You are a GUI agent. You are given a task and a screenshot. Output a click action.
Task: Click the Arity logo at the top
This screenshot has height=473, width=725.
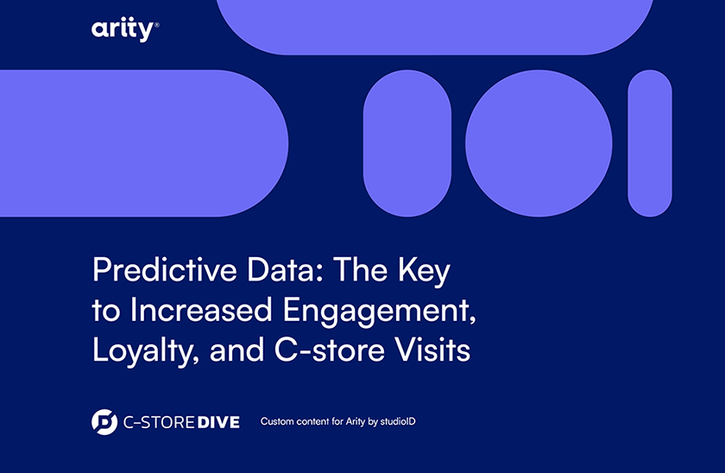[125, 29]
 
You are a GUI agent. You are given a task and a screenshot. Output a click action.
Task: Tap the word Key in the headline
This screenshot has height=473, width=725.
[424, 271]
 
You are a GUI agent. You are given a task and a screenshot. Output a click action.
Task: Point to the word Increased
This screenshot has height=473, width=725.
[201, 310]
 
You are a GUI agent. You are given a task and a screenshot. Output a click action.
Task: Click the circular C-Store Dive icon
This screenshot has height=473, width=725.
[104, 422]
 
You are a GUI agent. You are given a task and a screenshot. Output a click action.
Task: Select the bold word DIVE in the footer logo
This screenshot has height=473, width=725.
[218, 422]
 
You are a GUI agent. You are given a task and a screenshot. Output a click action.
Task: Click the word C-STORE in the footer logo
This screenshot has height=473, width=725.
[159, 422]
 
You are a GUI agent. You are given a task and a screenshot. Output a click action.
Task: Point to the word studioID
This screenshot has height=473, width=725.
[398, 421]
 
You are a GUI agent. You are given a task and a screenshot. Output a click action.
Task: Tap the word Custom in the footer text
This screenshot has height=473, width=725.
[277, 421]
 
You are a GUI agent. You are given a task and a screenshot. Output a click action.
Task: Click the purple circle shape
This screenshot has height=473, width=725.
[539, 143]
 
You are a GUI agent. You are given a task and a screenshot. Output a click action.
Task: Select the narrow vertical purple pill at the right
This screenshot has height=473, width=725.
[650, 143]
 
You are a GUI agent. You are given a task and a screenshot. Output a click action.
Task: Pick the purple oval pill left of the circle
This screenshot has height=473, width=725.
[407, 143]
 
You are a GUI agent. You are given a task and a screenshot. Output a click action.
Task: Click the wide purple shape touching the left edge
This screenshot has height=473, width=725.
[143, 143]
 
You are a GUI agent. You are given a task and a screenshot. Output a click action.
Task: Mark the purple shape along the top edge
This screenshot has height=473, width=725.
[435, 27]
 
